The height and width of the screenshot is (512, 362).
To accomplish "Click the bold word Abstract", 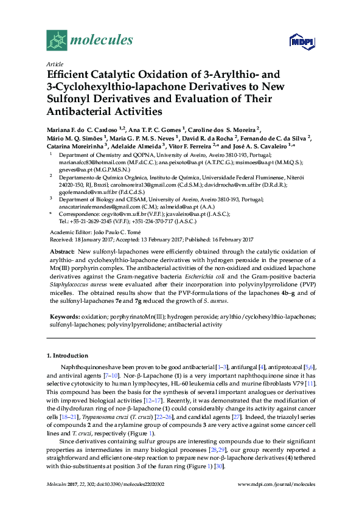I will point(62,252).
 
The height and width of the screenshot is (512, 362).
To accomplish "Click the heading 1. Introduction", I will point(68,355).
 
